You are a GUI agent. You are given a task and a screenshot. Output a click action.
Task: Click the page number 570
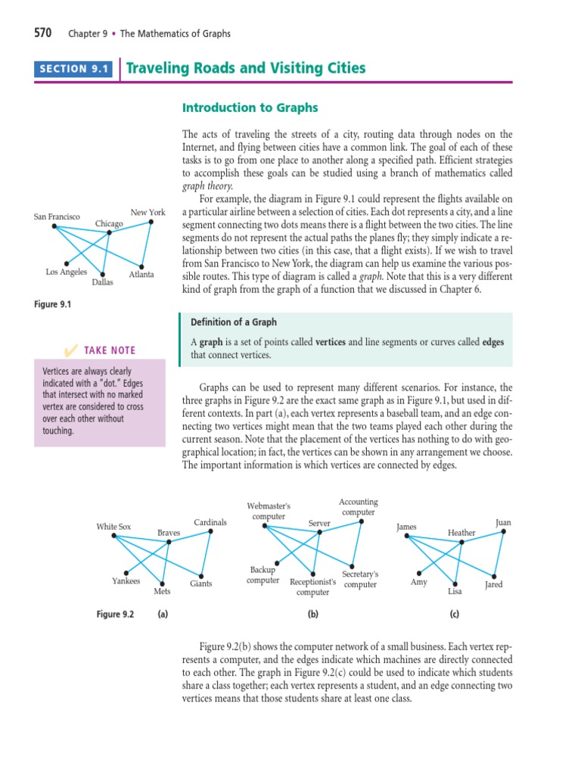pyautogui.click(x=42, y=33)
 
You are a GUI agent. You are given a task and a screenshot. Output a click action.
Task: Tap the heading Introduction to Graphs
pyautogui.click(x=250, y=107)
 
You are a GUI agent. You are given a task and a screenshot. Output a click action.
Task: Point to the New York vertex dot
pyautogui.click(x=151, y=222)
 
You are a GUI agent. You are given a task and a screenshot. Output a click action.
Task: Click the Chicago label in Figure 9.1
pyautogui.click(x=109, y=223)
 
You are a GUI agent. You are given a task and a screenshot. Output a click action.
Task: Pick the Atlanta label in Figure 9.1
pyautogui.click(x=141, y=275)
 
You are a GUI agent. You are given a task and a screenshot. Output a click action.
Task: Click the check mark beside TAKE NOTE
pyautogui.click(x=71, y=350)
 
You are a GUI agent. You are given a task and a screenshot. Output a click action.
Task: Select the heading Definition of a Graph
pyautogui.click(x=234, y=322)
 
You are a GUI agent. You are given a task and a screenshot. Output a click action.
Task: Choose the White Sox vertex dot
pyautogui.click(x=113, y=537)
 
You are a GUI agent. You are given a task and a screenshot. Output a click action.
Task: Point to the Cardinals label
pyautogui.click(x=210, y=522)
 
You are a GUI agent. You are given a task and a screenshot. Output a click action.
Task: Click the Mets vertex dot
pyautogui.click(x=162, y=582)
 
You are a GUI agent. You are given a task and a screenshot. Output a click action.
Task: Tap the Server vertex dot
pyautogui.click(x=320, y=532)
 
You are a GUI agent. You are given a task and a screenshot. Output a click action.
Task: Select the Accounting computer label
pyautogui.click(x=358, y=507)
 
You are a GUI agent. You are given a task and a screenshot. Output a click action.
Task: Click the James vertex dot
pyautogui.click(x=406, y=537)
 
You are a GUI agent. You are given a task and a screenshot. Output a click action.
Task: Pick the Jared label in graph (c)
pyautogui.click(x=493, y=585)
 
